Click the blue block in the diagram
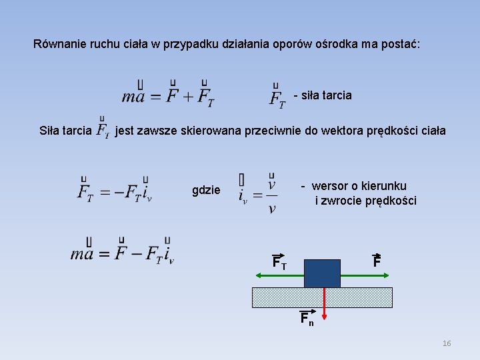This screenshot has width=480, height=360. point(322,273)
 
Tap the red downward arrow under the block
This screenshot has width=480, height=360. point(323,302)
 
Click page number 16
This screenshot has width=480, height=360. point(446,343)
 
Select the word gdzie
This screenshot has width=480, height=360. point(206,190)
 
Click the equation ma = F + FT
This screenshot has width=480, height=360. point(168,95)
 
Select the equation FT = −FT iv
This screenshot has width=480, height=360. point(114,192)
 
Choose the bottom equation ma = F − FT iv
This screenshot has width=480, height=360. point(122,253)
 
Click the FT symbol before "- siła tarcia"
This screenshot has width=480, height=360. point(277,97)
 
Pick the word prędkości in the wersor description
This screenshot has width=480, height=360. point(391,201)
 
